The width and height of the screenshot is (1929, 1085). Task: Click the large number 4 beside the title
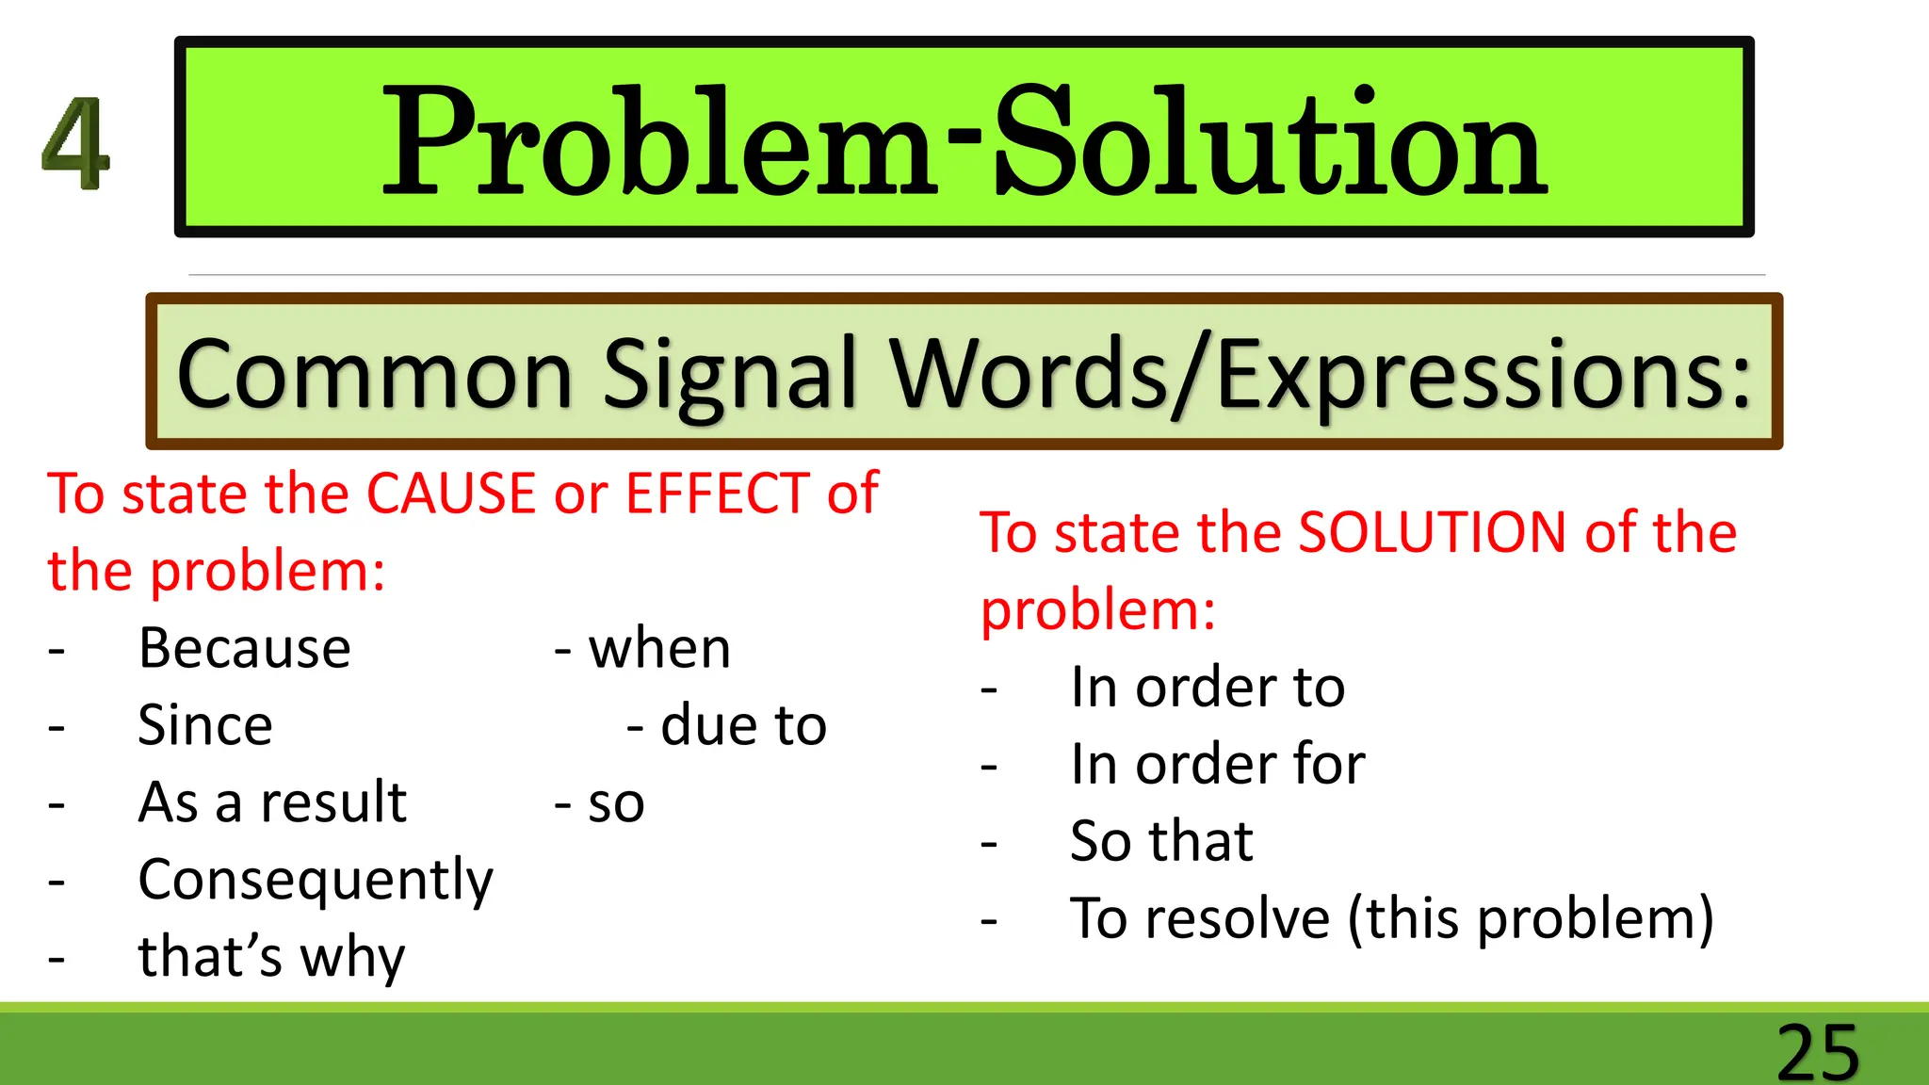click(76, 142)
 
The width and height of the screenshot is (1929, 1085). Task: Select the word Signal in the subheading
click(729, 374)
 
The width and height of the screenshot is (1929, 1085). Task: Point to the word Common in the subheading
click(374, 374)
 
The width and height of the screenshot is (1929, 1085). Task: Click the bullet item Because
click(245, 648)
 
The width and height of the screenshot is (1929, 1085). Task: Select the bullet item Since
click(205, 725)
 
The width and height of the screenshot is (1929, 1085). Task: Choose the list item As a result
click(272, 802)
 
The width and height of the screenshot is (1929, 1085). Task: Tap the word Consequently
click(316, 882)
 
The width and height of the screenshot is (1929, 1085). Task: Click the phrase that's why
click(271, 957)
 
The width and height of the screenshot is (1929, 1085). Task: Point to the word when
click(659, 648)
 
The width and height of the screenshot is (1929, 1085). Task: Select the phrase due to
click(743, 725)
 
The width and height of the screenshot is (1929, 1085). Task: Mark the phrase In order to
click(1208, 687)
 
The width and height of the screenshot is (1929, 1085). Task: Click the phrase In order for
click(1217, 764)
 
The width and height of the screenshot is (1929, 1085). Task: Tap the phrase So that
click(1161, 841)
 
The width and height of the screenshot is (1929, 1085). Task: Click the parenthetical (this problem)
click(1531, 918)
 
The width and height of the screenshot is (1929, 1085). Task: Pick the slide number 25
click(1818, 1051)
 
